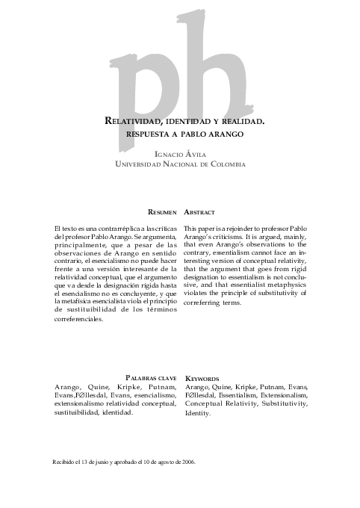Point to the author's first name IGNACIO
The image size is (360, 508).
coord(168,154)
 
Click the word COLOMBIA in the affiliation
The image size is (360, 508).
coord(223,164)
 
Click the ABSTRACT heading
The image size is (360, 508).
coord(200,212)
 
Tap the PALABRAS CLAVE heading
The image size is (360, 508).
coord(152,378)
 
